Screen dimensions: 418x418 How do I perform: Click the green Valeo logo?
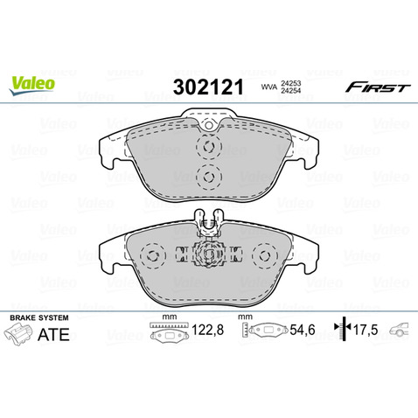(x=31, y=84)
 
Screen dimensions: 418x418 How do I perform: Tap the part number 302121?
(x=208, y=87)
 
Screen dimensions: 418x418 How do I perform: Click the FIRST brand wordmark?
(x=378, y=87)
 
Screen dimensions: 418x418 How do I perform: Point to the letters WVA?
(x=269, y=87)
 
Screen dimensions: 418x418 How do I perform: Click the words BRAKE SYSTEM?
(x=39, y=317)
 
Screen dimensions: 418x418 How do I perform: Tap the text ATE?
(x=53, y=334)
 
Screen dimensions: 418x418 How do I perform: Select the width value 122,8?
(x=207, y=331)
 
